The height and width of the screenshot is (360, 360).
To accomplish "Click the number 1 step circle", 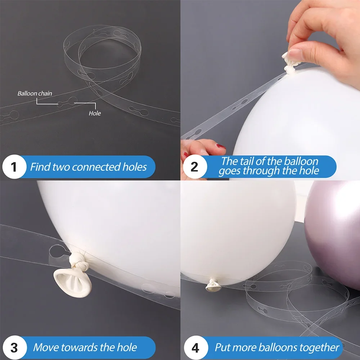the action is [x=14, y=167].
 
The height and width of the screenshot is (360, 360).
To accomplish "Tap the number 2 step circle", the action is [x=195, y=167].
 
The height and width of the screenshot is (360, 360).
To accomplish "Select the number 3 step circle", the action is [x=14, y=347].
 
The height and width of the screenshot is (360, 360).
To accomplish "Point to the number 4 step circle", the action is [x=195, y=347].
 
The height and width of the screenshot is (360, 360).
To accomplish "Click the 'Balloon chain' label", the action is [x=35, y=94].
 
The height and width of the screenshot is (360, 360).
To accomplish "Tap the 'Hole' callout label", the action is [x=95, y=113].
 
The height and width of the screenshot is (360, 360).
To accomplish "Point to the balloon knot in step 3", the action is [x=79, y=262].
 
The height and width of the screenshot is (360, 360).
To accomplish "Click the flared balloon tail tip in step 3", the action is [x=72, y=283].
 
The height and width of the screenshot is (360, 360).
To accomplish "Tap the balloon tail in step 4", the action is [x=213, y=285].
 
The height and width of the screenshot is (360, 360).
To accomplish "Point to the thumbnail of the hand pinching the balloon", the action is [x=296, y=55].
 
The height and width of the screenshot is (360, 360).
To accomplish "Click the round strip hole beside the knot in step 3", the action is [x=57, y=251].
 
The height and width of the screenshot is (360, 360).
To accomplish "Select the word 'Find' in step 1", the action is [x=40, y=167].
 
